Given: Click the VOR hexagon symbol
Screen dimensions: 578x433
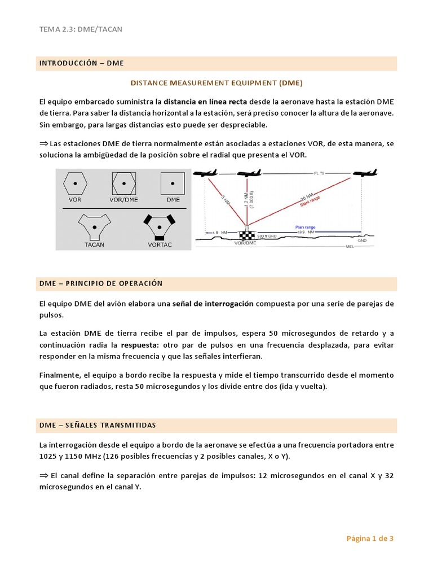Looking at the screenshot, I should [x=74, y=184].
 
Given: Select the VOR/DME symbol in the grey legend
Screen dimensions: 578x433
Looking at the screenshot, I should [x=123, y=184].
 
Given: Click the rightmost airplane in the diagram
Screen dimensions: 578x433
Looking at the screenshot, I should [x=365, y=173].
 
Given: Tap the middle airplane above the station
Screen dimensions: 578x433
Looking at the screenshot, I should [x=249, y=173].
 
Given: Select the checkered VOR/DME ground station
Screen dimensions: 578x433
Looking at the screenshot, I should [x=246, y=235].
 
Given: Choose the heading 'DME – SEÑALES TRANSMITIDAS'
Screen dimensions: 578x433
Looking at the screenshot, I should [x=97, y=425].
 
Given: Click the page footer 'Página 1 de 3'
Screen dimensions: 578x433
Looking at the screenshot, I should [x=369, y=538].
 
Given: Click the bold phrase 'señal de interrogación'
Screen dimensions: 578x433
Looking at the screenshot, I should [x=213, y=304].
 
